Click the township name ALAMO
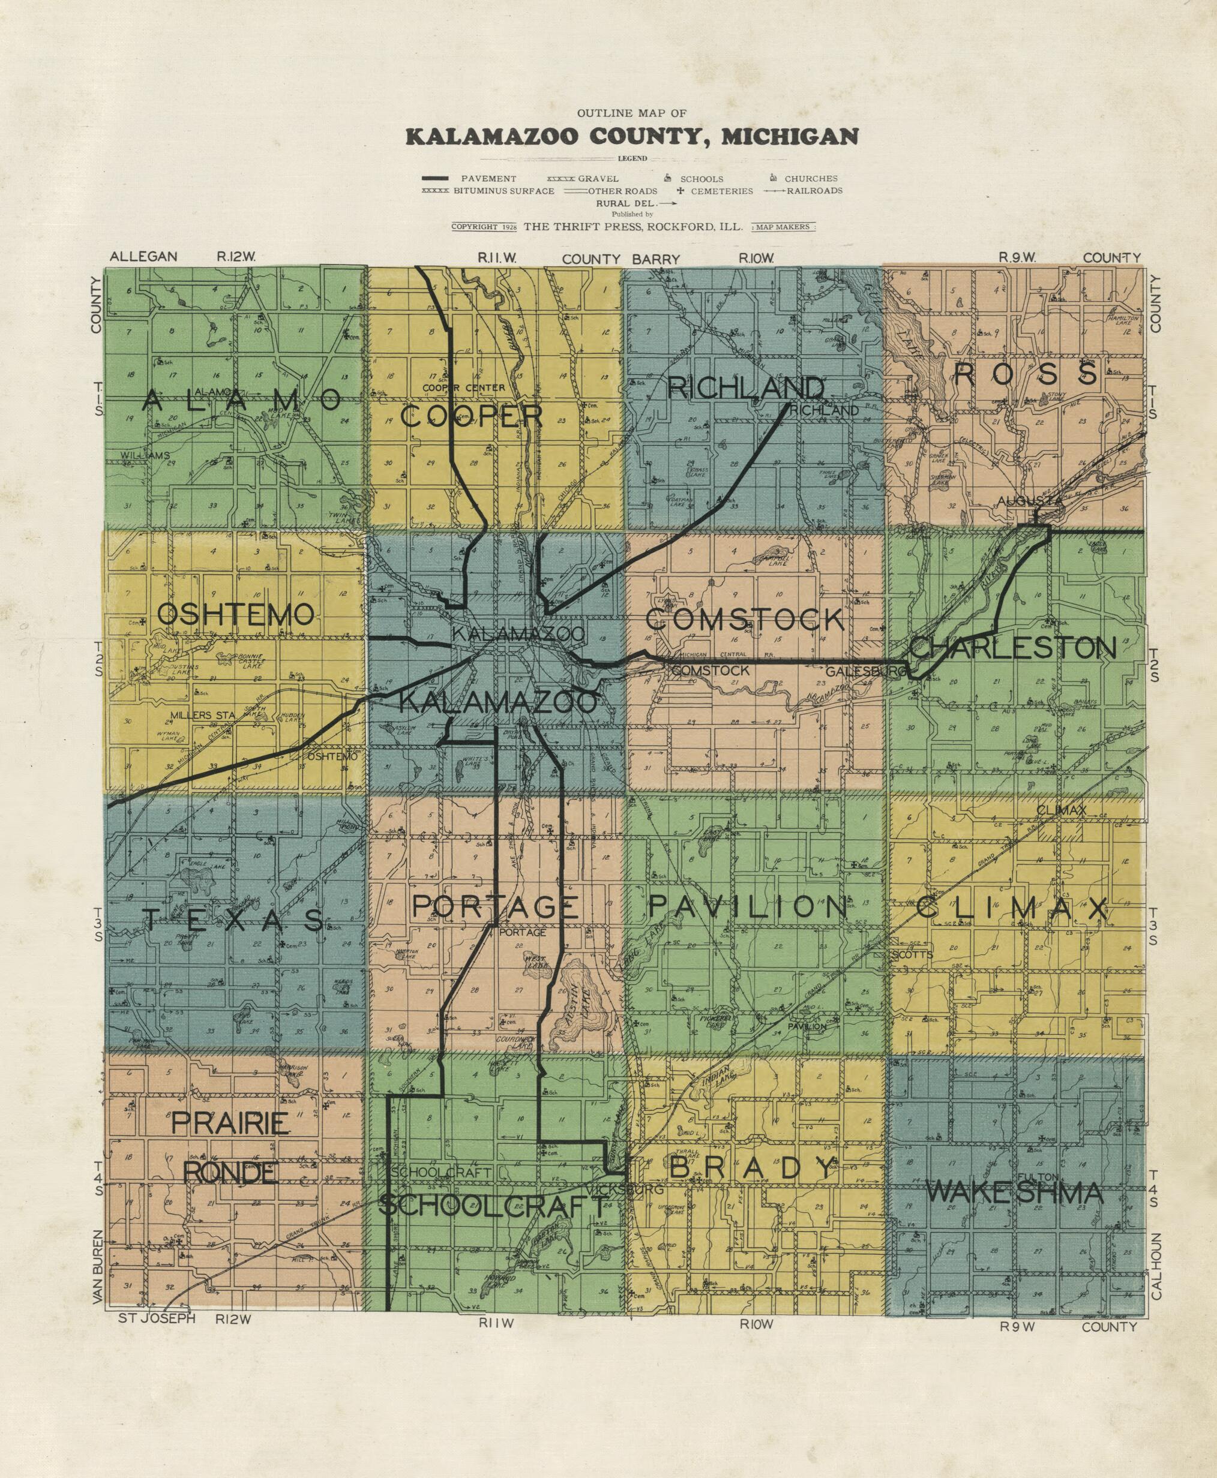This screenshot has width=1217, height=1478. click(241, 401)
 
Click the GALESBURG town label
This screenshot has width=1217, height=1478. click(865, 671)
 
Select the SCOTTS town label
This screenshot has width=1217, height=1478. click(913, 954)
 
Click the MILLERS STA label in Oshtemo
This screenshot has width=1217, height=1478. click(201, 715)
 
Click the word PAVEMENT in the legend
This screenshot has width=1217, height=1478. click(488, 179)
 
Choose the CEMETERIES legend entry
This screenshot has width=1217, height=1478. click(721, 191)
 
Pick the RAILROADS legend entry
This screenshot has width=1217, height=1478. click(814, 191)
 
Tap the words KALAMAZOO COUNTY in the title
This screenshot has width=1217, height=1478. click(554, 136)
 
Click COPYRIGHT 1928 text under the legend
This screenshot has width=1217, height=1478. click(484, 227)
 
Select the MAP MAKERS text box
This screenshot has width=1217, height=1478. click(783, 227)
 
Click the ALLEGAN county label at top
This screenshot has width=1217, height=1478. click(143, 257)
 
